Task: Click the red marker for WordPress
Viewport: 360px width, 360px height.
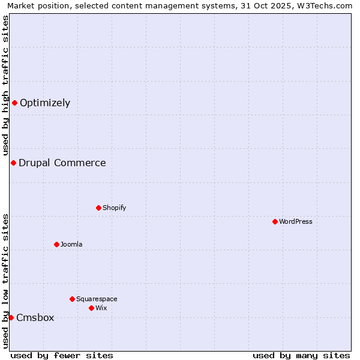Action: pyautogui.click(x=275, y=221)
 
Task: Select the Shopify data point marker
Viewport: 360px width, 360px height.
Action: pyautogui.click(x=98, y=208)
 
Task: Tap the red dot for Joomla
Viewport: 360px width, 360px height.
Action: pyautogui.click(x=56, y=244)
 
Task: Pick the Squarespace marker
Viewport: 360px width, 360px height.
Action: pyautogui.click(x=72, y=299)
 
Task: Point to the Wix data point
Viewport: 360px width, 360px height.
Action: pyautogui.click(x=91, y=308)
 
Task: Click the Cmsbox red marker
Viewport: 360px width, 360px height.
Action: pyautogui.click(x=11, y=317)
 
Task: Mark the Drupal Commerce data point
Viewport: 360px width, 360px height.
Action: pyautogui.click(x=13, y=163)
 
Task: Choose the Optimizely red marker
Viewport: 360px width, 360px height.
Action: pyautogui.click(x=14, y=103)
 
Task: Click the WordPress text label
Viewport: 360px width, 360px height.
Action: pyautogui.click(x=296, y=221)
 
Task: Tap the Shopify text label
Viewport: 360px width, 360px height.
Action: pyautogui.click(x=114, y=208)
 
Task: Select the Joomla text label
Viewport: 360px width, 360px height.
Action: pyautogui.click(x=71, y=244)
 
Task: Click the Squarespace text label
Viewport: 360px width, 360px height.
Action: pyautogui.click(x=97, y=299)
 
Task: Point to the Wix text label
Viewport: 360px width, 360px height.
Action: pyautogui.click(x=101, y=308)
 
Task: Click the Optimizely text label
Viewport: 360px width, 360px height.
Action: pyautogui.click(x=45, y=103)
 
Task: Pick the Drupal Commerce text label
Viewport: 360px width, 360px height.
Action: pyautogui.click(x=62, y=163)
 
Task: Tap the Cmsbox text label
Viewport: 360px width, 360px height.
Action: pyautogui.click(x=35, y=317)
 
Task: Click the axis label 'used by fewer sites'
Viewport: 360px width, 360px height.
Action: pyautogui.click(x=62, y=355)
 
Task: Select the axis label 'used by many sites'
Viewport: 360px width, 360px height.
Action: pyautogui.click(x=301, y=355)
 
